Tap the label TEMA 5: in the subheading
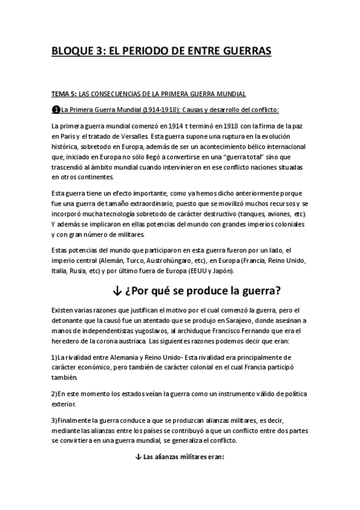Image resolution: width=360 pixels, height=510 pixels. pyautogui.click(x=65, y=94)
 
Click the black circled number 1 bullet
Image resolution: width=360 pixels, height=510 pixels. pyautogui.click(x=56, y=109)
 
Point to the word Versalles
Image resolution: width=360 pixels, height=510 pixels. pyautogui.click(x=130, y=137)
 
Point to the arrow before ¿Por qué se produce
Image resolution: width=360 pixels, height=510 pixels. pyautogui.click(x=117, y=292)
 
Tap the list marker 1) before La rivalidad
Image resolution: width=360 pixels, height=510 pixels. pyautogui.click(x=55, y=357)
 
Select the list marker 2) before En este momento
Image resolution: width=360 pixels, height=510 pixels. pyautogui.click(x=55, y=393)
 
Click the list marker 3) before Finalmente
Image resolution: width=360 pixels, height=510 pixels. pyautogui.click(x=55, y=420)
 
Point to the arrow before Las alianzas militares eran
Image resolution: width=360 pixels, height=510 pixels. pyautogui.click(x=138, y=456)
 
